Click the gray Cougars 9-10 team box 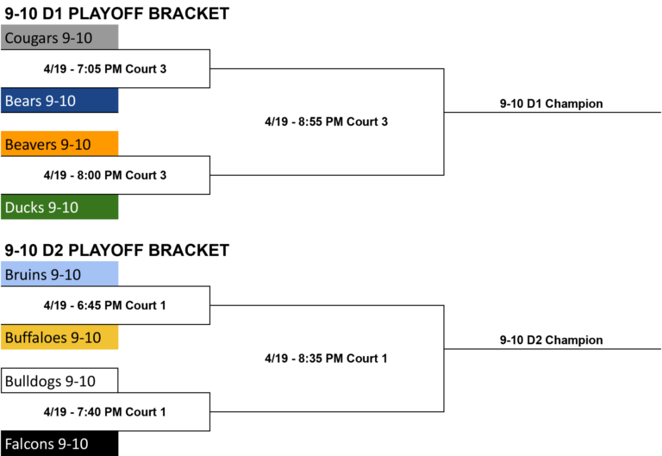pos(59,37)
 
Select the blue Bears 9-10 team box pos(59,101)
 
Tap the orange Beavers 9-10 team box pos(59,144)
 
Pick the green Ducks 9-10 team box pos(59,207)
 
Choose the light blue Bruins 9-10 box pos(59,274)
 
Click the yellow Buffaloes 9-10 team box pos(59,337)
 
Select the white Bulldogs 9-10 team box pos(59,380)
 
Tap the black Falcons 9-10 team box pos(59,443)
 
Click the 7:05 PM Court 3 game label pos(105,69)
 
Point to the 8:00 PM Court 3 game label pos(105,175)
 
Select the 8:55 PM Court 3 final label pos(327,122)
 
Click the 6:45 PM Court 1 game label pos(104,305)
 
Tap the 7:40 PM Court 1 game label pos(104,412)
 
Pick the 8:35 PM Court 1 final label pos(326,359)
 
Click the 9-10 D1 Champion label pos(552,103)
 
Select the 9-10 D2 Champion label pos(552,340)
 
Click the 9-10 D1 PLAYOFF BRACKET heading pos(117,14)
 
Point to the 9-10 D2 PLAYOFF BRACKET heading pos(117,250)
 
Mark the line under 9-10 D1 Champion pos(553,112)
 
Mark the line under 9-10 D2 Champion pos(553,349)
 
